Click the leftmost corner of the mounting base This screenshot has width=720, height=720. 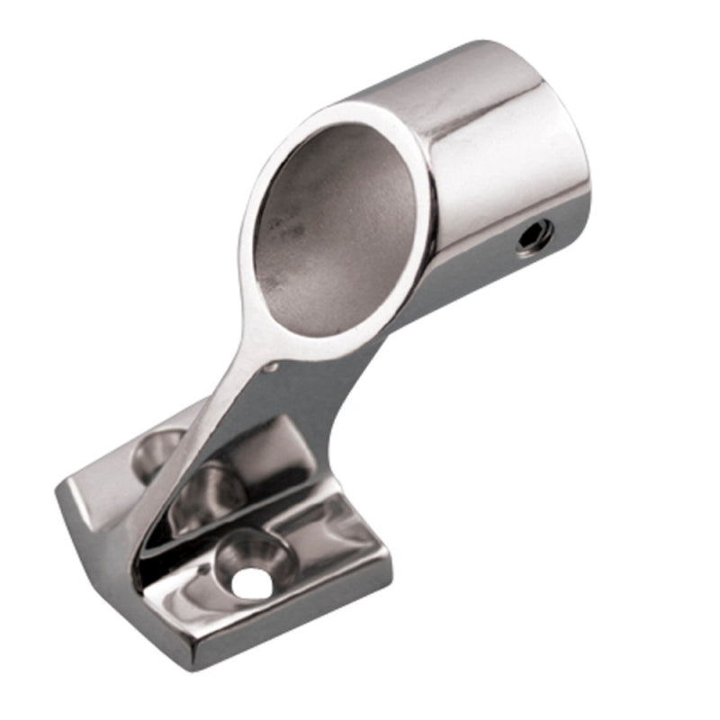[x=59, y=490]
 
